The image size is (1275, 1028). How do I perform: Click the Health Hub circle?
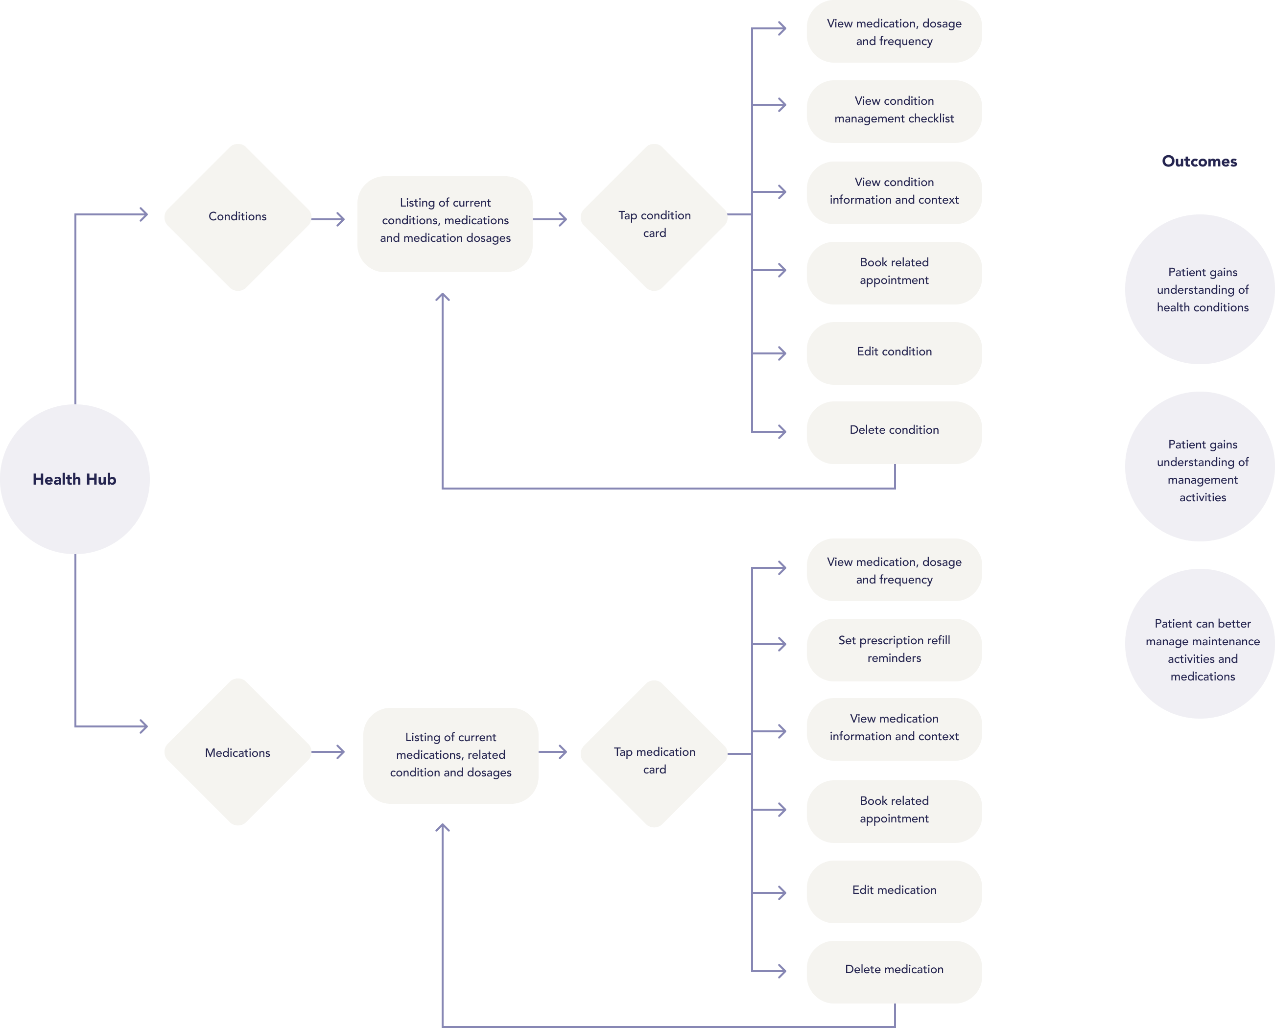coord(74,479)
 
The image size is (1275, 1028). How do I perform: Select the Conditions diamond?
coord(237,217)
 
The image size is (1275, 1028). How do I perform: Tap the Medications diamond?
coord(237,752)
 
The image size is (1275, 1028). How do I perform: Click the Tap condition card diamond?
coord(654,217)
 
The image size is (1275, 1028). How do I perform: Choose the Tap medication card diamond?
coord(654,754)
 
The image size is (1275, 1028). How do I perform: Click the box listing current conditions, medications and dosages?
coord(445,224)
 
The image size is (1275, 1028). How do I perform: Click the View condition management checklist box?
coord(894,111)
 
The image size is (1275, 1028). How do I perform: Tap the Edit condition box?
coord(894,353)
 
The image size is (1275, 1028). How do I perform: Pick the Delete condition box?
coord(894,432)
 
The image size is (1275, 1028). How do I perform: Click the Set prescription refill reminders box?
coord(894,650)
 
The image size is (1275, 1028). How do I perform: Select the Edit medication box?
coord(894,891)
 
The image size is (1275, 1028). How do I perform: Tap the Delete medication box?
coord(894,971)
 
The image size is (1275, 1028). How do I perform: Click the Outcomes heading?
coord(1199,161)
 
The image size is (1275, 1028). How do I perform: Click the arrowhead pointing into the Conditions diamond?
coord(142,214)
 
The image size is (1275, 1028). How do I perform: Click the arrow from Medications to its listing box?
coord(328,752)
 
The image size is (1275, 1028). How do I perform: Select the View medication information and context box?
coord(894,728)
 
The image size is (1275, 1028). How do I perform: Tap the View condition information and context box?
coord(894,192)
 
